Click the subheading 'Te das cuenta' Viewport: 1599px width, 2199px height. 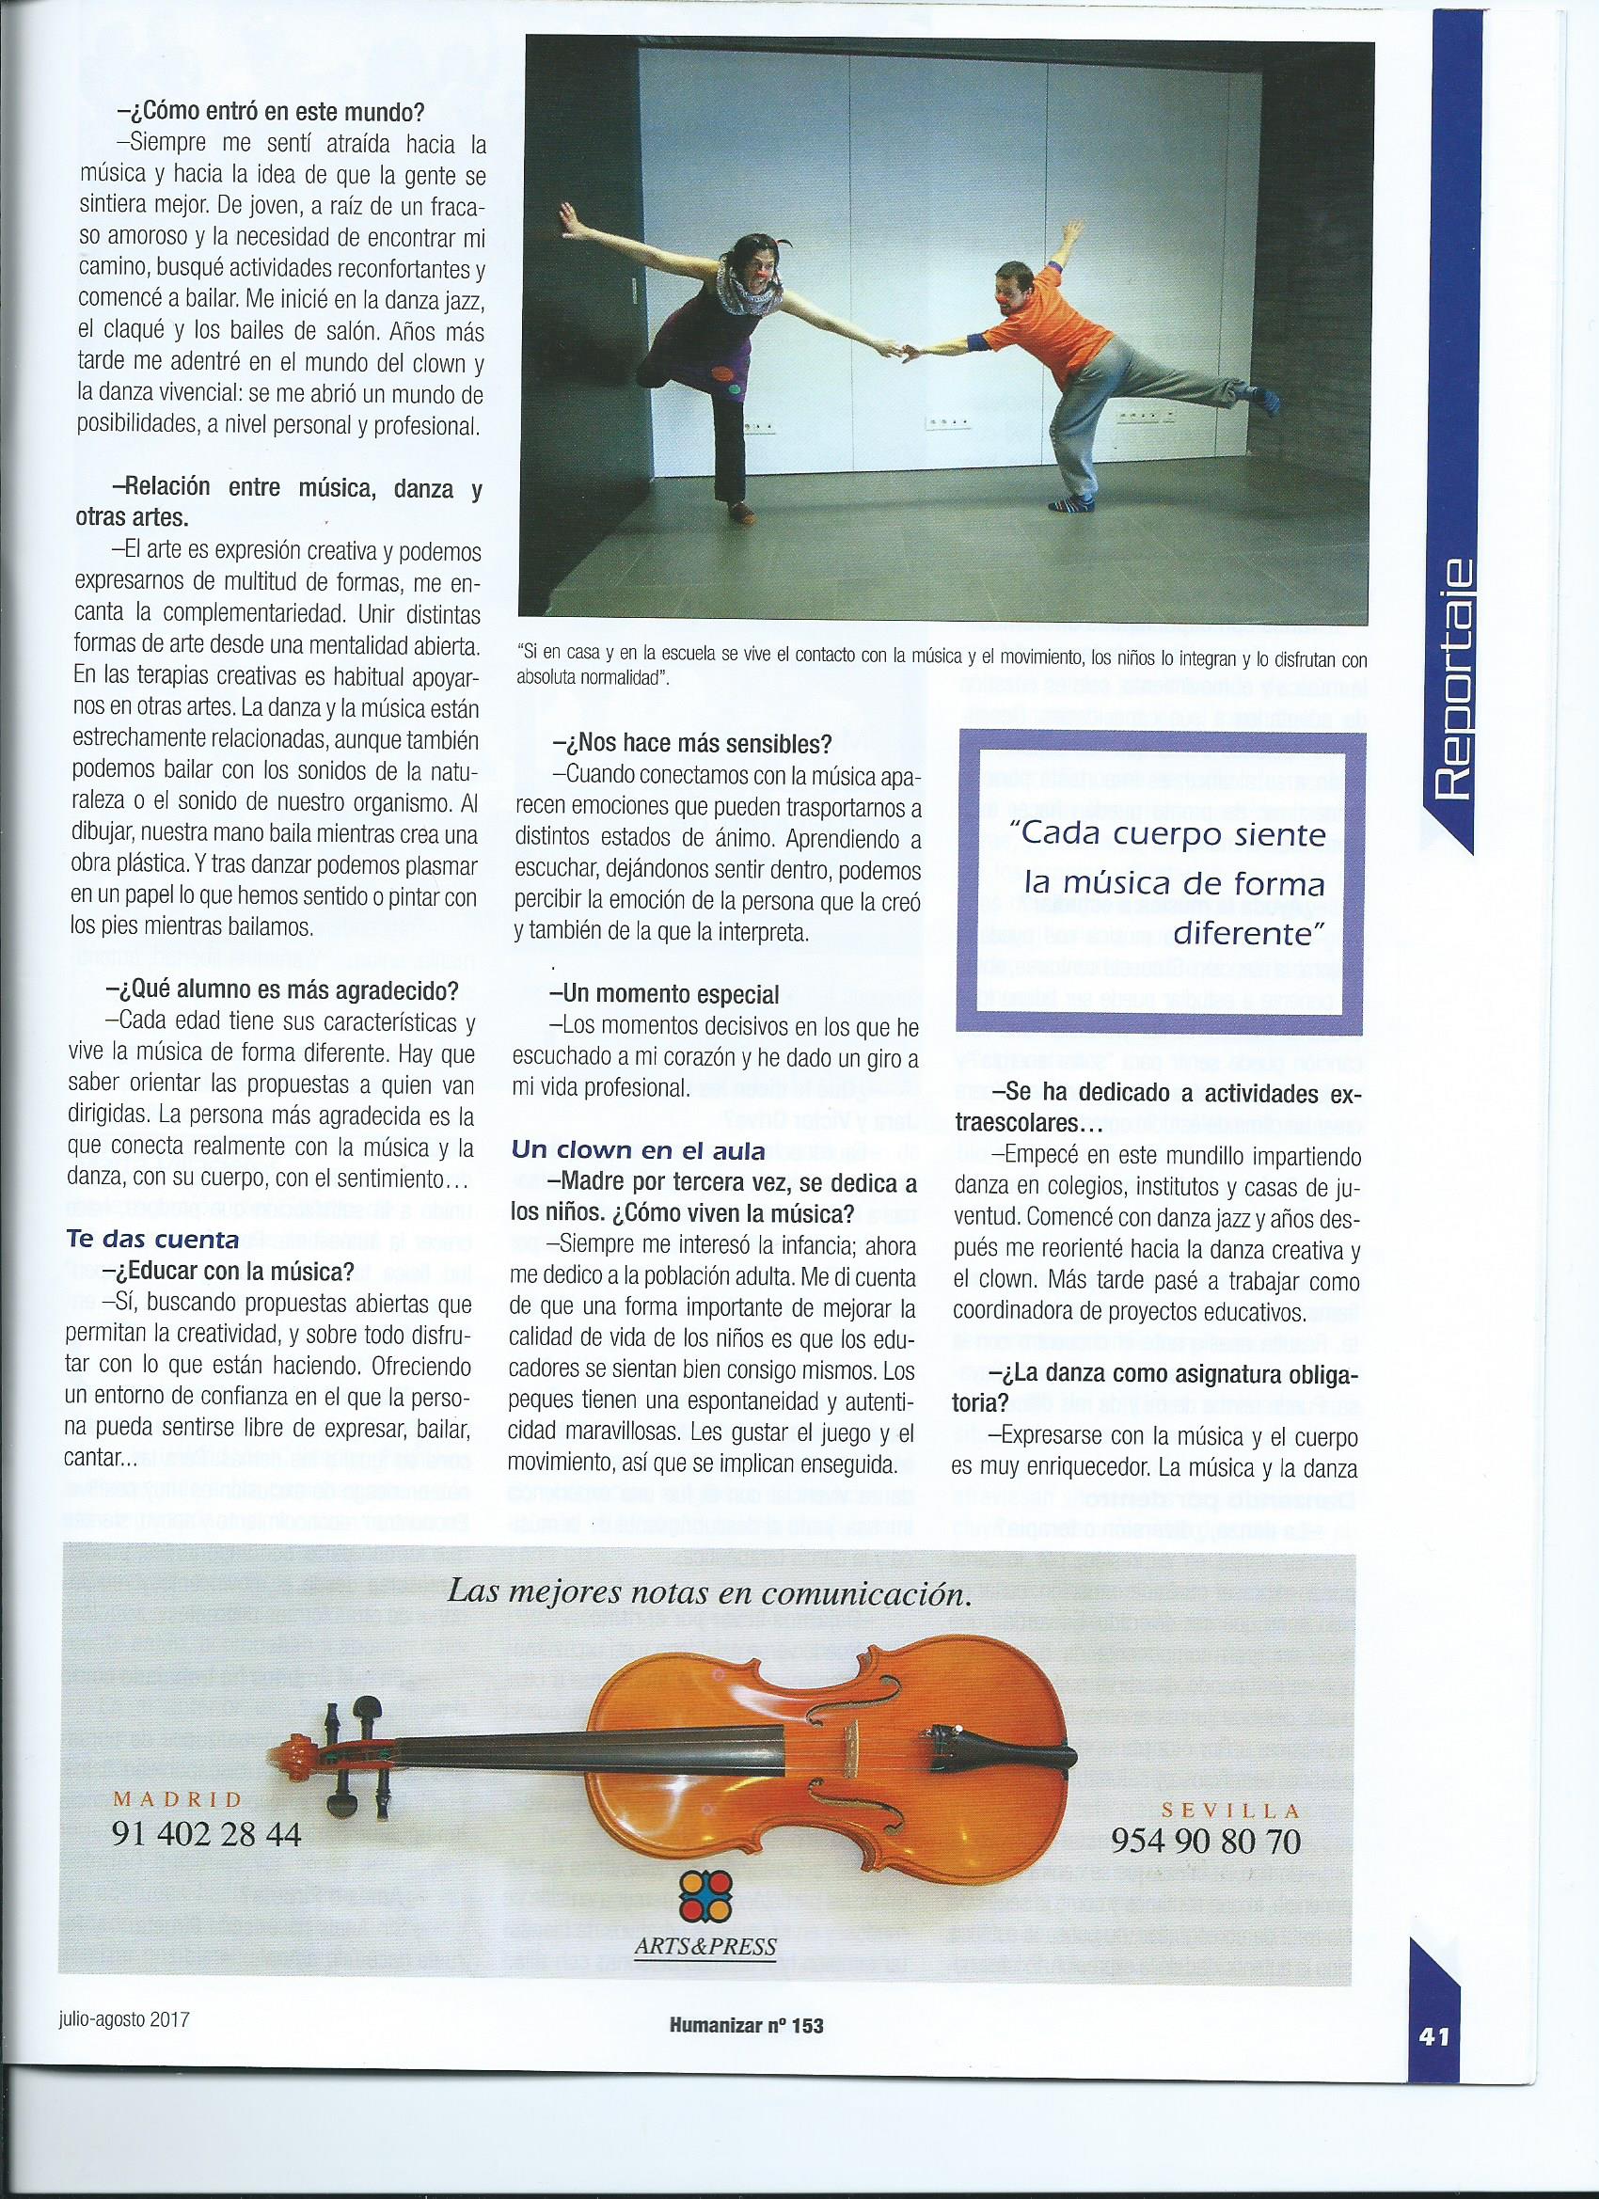pyautogui.click(x=152, y=1239)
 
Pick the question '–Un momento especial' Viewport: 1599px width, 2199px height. pyautogui.click(x=667, y=995)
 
